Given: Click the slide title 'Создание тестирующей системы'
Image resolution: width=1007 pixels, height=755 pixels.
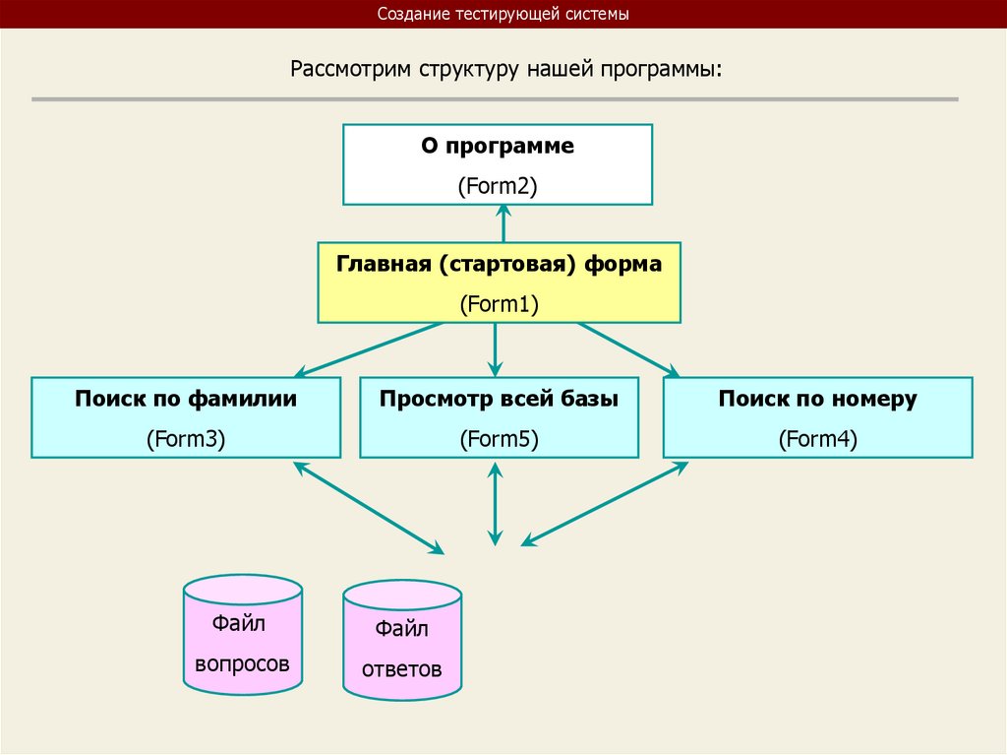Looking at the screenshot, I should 503,15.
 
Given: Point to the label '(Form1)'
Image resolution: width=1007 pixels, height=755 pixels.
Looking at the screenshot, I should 500,304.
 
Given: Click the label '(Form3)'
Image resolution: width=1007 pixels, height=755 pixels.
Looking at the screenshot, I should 186,439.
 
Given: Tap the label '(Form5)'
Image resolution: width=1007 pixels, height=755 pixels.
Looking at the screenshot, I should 500,439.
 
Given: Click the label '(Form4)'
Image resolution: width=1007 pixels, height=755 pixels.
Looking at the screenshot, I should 817,439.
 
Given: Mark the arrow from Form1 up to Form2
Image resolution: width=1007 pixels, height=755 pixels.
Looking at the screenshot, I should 503,223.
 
